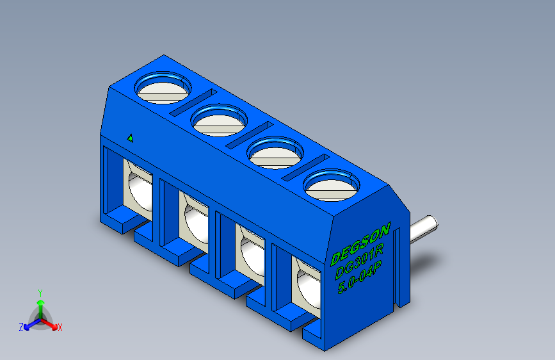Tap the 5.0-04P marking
(x=360, y=278)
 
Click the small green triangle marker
(x=130, y=137)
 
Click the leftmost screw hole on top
(x=163, y=88)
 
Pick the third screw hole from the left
(x=275, y=152)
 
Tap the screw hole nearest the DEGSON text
(x=330, y=185)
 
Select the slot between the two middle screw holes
(x=248, y=134)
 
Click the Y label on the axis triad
(x=40, y=291)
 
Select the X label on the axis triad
(x=60, y=327)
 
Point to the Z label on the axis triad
(x=21, y=327)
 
